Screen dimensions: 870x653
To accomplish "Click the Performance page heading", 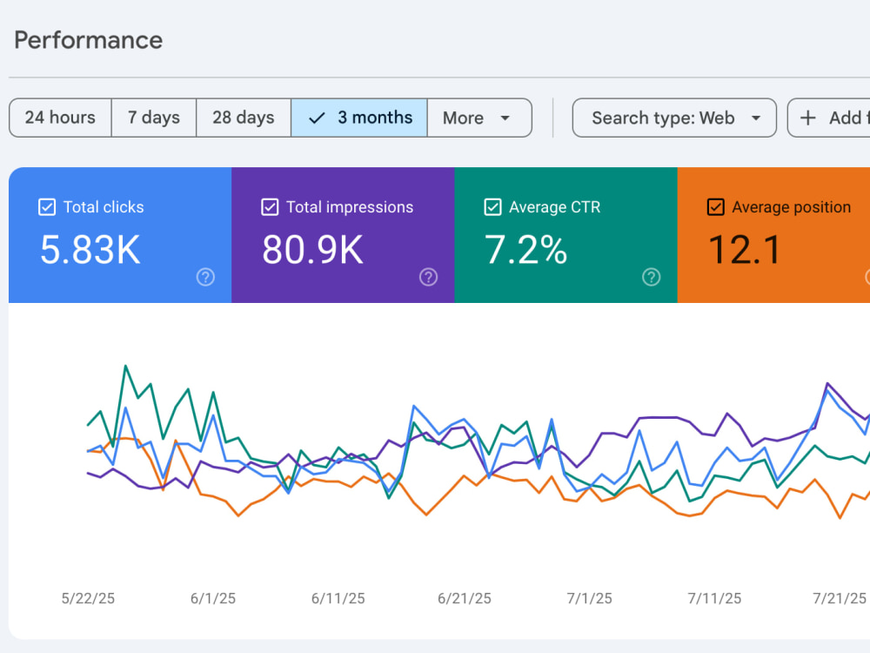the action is pyautogui.click(x=88, y=41).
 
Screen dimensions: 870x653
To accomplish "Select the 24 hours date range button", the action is pyautogui.click(x=60, y=118).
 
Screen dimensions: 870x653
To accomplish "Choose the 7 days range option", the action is pyautogui.click(x=154, y=118).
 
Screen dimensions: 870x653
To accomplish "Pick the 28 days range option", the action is pyautogui.click(x=243, y=118).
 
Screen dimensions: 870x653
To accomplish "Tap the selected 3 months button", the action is pyautogui.click(x=359, y=118).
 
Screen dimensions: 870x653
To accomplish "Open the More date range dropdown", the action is pyautogui.click(x=479, y=118).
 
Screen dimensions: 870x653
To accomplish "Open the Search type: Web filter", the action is pyautogui.click(x=674, y=118).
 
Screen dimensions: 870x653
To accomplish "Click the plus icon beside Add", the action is pyautogui.click(x=808, y=118).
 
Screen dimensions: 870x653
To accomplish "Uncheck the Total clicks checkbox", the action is pyautogui.click(x=47, y=207).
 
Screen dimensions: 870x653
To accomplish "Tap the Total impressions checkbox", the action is pyautogui.click(x=270, y=207).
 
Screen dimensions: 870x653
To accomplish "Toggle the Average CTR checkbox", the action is pyautogui.click(x=492, y=207).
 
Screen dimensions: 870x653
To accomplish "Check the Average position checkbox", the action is pyautogui.click(x=716, y=207).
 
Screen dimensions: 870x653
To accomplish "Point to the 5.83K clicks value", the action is pyautogui.click(x=90, y=249).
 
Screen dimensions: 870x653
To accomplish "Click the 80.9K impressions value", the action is pyautogui.click(x=312, y=249).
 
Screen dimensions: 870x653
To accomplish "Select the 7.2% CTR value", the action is pyautogui.click(x=526, y=249).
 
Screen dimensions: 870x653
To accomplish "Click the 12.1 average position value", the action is pyautogui.click(x=745, y=249).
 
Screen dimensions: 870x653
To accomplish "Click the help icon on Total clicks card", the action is pyautogui.click(x=206, y=277).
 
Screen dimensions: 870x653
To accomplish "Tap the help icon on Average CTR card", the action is pyautogui.click(x=652, y=277).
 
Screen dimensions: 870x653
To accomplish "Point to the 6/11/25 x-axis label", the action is pyautogui.click(x=338, y=599).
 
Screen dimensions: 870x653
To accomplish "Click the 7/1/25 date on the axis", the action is pyautogui.click(x=589, y=599).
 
